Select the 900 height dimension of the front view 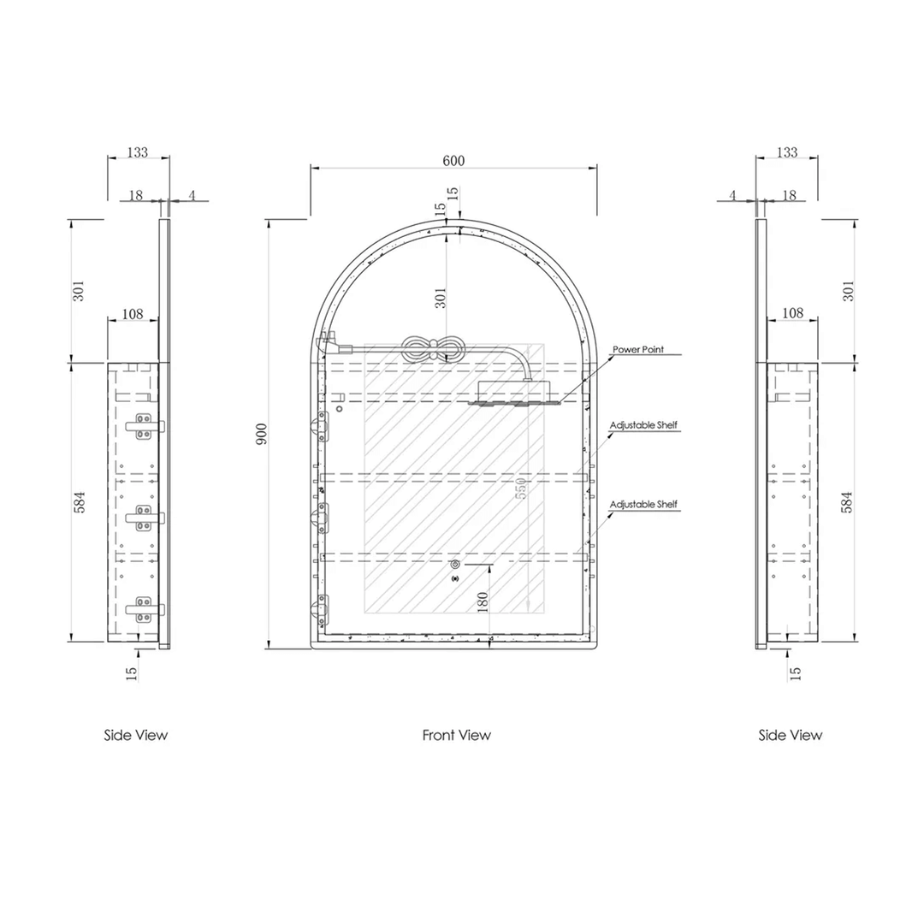point(262,434)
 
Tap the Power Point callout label point(637,350)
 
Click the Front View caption point(456,735)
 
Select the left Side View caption point(136,735)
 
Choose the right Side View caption point(790,735)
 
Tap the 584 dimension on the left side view point(79,502)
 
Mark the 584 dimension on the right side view point(846,502)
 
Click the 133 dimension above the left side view point(137,152)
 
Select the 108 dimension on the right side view point(793,313)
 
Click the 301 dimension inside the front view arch point(440,297)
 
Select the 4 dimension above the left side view point(192,195)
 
